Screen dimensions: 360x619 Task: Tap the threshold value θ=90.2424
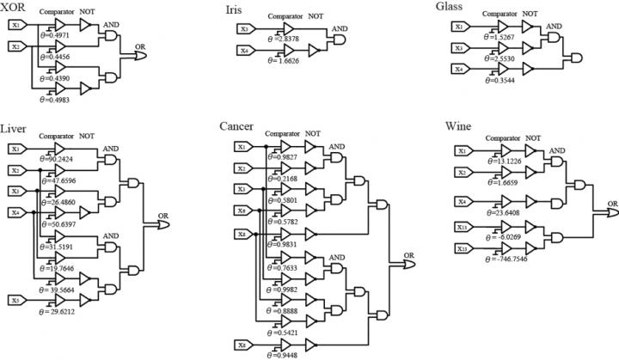point(58,160)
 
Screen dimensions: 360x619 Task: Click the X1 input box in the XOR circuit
point(18,25)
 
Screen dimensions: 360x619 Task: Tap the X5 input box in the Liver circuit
point(16,300)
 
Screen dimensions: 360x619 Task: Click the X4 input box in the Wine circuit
point(463,203)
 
